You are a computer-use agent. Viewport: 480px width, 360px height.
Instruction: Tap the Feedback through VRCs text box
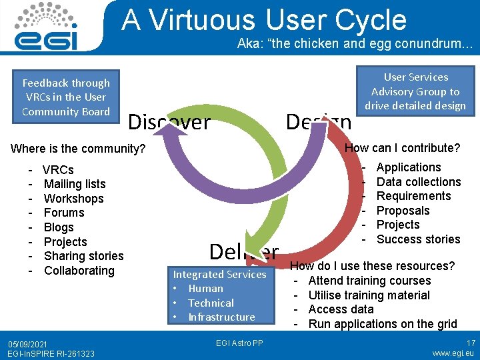(66, 97)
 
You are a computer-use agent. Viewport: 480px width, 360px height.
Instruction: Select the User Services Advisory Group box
(415, 91)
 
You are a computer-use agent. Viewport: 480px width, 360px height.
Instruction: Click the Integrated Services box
(220, 295)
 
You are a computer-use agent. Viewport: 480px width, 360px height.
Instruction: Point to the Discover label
(169, 122)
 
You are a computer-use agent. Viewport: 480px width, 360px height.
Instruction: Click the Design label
(318, 122)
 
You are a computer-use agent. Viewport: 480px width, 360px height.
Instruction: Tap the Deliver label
(243, 251)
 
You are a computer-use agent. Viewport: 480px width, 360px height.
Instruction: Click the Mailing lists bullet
(75, 184)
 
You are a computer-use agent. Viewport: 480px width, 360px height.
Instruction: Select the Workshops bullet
(73, 199)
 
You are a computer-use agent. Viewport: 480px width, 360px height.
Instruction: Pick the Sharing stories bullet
(83, 256)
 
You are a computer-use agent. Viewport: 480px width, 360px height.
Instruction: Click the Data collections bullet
(419, 182)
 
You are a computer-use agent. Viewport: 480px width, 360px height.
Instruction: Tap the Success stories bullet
(418, 239)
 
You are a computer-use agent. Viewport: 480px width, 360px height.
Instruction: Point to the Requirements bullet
(413, 196)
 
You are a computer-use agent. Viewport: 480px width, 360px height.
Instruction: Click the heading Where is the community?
(78, 149)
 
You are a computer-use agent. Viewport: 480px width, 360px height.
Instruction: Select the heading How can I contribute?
(402, 148)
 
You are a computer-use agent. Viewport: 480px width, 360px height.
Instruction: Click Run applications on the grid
(383, 324)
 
